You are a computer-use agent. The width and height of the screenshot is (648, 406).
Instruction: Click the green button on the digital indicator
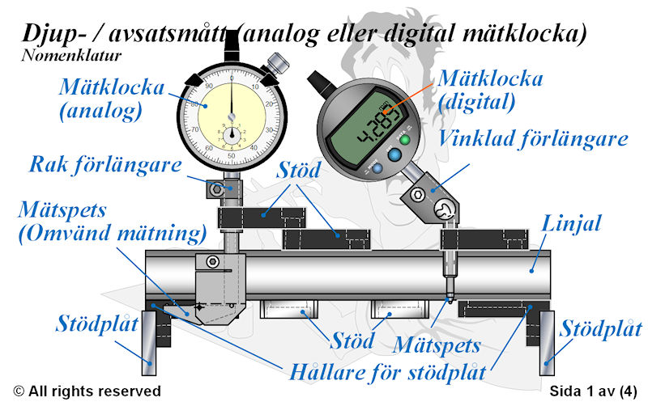tap(404, 139)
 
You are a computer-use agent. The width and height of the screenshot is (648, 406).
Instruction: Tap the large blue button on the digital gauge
tap(394, 155)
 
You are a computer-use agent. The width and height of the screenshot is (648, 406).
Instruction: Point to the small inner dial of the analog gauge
tap(232, 135)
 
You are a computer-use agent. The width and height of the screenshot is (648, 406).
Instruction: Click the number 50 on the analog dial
tap(231, 156)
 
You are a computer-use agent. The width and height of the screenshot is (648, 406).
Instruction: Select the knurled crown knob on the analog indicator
tap(278, 63)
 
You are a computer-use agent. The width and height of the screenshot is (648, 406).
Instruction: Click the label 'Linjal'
tap(571, 223)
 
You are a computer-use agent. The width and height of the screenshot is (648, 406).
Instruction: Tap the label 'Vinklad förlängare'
tap(533, 138)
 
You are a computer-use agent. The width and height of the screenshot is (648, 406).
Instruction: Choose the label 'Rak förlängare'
tap(105, 165)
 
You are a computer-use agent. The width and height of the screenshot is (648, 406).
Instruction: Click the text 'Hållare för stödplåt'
tap(388, 373)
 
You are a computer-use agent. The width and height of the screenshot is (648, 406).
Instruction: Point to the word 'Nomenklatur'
tap(71, 55)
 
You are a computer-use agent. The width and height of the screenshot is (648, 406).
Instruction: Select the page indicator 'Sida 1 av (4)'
tap(594, 391)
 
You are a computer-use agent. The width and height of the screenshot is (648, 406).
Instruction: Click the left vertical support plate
tap(149, 343)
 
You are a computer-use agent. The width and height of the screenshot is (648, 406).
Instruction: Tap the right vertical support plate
tap(547, 343)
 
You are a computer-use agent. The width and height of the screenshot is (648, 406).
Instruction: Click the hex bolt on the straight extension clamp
tap(216, 190)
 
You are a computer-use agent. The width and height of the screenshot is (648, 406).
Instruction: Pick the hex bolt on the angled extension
tap(417, 195)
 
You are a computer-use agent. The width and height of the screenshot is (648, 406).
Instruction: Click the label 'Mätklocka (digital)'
tap(490, 90)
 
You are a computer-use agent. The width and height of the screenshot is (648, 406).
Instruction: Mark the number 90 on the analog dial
tap(209, 87)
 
